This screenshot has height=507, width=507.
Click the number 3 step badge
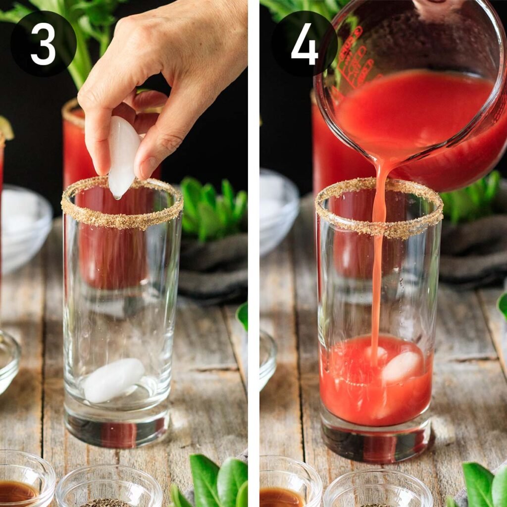tap(44, 43)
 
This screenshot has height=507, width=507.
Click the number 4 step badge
tap(304, 43)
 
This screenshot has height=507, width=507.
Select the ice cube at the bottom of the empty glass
tap(113, 380)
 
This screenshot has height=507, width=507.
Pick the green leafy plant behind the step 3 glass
tap(213, 208)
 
